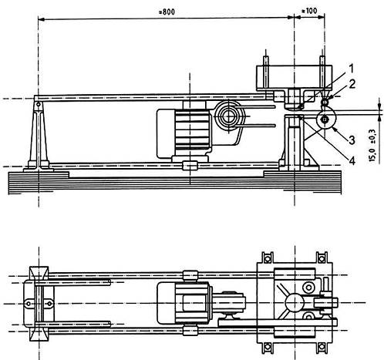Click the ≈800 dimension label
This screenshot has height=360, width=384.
[x=167, y=12]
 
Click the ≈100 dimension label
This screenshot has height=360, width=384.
[x=309, y=11]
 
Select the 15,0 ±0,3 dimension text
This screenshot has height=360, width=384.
[x=372, y=146]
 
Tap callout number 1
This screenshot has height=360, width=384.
[x=351, y=69]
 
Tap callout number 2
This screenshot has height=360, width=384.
[x=352, y=84]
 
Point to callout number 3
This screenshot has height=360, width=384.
[x=352, y=140]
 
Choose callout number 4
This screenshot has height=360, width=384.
[x=352, y=161]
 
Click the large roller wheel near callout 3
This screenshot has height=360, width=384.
[x=325, y=119]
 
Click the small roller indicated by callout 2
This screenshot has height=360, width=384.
[x=325, y=103]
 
